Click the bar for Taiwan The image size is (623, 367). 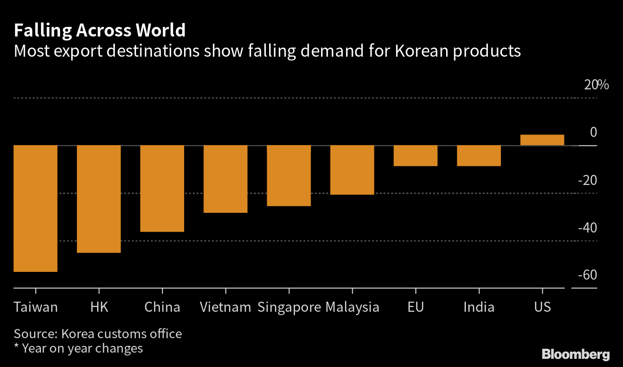click(36, 208)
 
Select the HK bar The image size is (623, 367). click(99, 198)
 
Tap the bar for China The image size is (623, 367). click(162, 188)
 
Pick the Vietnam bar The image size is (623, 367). click(225, 179)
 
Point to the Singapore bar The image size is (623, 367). click(289, 175)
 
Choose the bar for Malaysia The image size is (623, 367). click(352, 170)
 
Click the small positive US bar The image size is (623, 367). click(542, 140)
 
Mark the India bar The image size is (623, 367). click(479, 156)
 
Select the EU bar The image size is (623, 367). click(415, 156)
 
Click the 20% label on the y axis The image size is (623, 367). click(596, 86)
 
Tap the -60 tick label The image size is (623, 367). click(587, 275)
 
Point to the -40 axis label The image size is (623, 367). click(587, 228)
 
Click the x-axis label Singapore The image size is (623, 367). click(289, 307)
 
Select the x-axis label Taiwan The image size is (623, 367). click(36, 307)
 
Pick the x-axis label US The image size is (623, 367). click(542, 307)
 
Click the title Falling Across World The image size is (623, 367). click(100, 31)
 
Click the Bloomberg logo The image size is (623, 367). click(575, 355)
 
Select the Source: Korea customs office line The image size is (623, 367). click(98, 333)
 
